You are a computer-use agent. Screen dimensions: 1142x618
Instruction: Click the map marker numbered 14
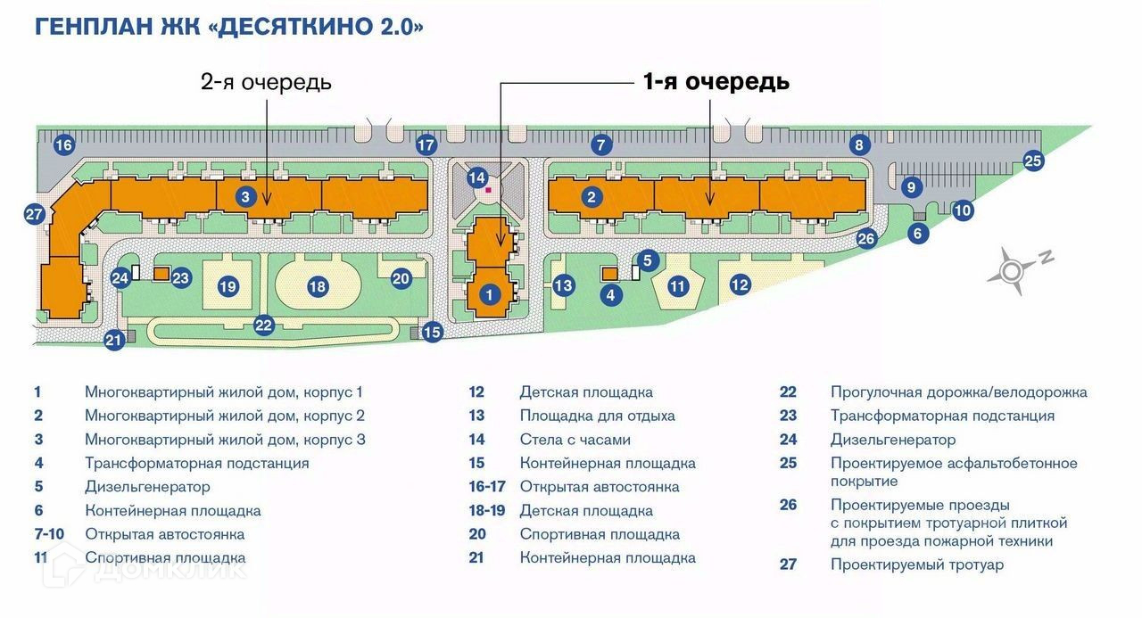tap(477, 177)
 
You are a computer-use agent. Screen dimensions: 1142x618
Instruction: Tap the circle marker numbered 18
tap(317, 286)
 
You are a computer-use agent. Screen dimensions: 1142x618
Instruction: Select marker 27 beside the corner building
tap(35, 214)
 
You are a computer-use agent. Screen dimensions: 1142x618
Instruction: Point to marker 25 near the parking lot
tap(1032, 161)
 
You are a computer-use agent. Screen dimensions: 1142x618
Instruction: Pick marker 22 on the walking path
tap(263, 325)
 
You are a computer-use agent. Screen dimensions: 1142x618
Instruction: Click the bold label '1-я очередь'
tap(716, 81)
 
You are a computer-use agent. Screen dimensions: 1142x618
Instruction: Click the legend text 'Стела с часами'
tap(575, 440)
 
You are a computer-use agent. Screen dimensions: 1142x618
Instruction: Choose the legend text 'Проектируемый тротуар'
tap(916, 564)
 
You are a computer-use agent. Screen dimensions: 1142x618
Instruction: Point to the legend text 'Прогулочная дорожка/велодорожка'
tap(958, 391)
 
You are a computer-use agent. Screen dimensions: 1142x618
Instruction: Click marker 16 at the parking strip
tap(62, 145)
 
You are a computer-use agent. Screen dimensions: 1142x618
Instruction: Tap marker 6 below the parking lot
tap(920, 234)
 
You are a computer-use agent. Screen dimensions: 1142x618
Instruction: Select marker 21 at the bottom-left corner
tap(113, 340)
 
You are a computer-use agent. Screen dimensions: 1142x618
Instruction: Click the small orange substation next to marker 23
tap(161, 274)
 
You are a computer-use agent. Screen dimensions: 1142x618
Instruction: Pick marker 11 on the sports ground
tap(678, 286)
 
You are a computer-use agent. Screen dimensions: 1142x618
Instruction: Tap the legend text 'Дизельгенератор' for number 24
tap(892, 440)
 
